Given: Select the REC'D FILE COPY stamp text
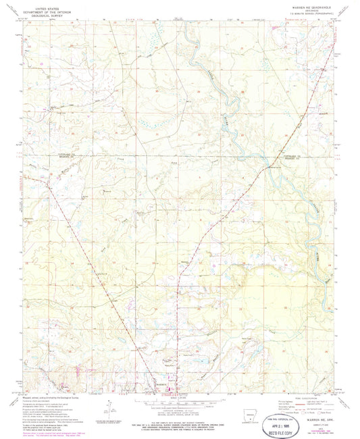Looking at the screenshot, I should click(x=291, y=419).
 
